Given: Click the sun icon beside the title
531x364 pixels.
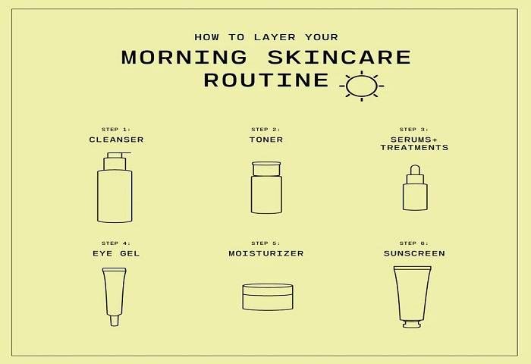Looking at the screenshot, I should [361, 85].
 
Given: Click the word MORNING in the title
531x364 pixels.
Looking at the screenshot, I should [184, 58].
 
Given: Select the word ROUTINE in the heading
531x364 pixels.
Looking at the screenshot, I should [266, 80].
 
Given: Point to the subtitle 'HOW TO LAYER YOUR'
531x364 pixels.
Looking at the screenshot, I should [265, 36].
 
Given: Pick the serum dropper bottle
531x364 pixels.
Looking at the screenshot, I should [415, 191].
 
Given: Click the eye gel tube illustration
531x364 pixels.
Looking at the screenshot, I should [115, 294].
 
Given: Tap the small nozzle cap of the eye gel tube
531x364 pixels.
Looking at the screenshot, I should [115, 320].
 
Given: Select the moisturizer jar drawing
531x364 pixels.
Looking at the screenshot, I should [267, 297].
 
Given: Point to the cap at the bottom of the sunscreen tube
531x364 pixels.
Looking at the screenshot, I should [412, 324].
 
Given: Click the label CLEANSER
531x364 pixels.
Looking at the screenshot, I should [116, 140].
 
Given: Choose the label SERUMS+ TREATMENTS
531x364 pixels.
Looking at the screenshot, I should [414, 143].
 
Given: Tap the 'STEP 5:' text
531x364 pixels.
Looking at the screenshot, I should [265, 243].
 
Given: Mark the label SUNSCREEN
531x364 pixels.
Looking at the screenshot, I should [414, 253].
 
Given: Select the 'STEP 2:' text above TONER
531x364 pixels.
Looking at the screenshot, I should [265, 129].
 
